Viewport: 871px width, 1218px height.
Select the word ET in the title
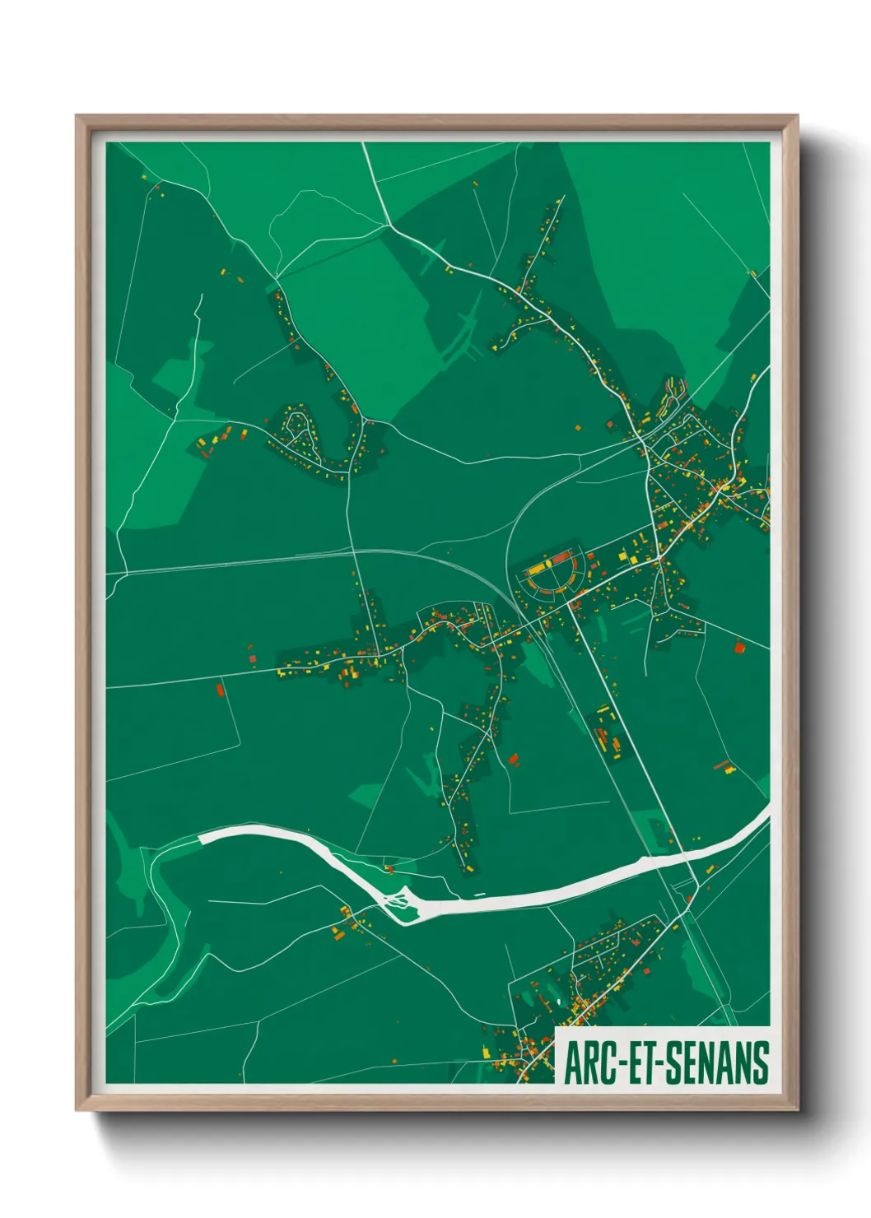645,1062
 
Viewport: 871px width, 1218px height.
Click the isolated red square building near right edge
738,647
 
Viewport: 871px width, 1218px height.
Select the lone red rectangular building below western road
220,690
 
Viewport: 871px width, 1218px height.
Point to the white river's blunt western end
203,839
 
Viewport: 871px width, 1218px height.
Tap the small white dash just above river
479,895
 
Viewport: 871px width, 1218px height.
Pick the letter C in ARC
613,1062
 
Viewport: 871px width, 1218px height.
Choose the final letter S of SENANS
762,1062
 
